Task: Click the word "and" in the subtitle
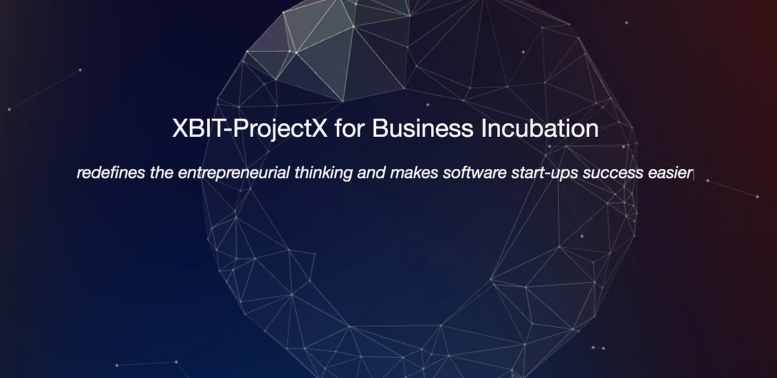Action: tap(370, 174)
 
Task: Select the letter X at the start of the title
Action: tap(180, 128)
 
